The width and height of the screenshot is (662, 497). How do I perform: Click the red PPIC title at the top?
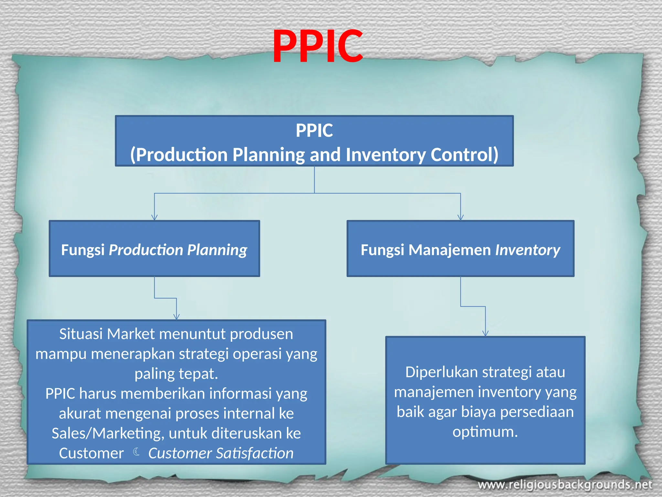click(318, 46)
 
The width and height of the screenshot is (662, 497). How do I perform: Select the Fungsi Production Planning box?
click(154, 248)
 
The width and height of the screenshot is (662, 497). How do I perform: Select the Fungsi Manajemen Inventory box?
click(460, 248)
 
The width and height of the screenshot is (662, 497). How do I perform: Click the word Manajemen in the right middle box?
click(450, 250)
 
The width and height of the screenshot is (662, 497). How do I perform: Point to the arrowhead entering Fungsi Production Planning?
click(155, 217)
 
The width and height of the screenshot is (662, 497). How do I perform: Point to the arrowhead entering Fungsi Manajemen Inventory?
click(461, 217)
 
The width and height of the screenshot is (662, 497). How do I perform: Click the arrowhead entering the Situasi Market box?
click(176, 317)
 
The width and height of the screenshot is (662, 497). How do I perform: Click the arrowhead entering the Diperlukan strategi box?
click(485, 333)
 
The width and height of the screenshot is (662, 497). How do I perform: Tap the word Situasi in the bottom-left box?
click(81, 334)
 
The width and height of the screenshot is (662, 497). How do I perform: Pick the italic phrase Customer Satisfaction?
click(221, 453)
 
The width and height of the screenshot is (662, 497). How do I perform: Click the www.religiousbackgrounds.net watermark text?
click(565, 485)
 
